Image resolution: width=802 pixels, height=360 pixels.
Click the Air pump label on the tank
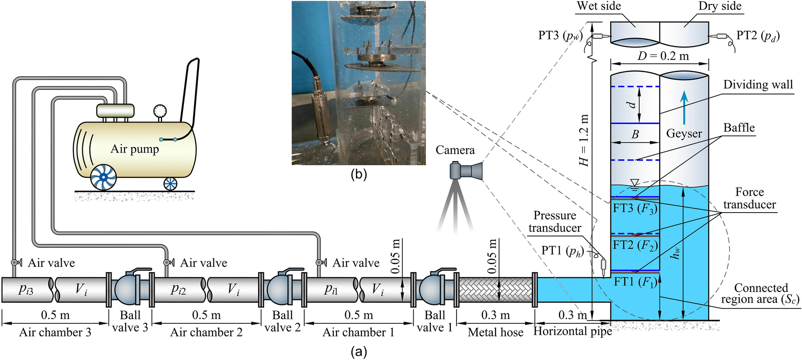[x=135, y=149]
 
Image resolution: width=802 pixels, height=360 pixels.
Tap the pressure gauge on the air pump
[x=160, y=111]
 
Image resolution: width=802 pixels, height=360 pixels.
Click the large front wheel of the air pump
[x=104, y=177]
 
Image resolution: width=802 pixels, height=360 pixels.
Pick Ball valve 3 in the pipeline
[x=130, y=290]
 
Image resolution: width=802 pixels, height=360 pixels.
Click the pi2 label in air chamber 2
[x=178, y=289]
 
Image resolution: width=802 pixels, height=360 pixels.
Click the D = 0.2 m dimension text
[x=663, y=56]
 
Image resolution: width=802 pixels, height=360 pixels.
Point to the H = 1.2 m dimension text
[x=585, y=140]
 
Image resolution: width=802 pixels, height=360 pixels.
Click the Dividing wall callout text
[x=758, y=85]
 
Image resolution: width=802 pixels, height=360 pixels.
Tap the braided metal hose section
[x=495, y=290]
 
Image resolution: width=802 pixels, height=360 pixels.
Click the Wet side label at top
[x=599, y=6]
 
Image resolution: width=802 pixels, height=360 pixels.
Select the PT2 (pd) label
[x=758, y=35]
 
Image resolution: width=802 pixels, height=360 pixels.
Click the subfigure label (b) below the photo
[x=359, y=174]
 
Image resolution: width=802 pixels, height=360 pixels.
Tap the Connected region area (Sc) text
[x=760, y=294]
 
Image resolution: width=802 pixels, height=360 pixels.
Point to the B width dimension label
[x=635, y=134]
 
